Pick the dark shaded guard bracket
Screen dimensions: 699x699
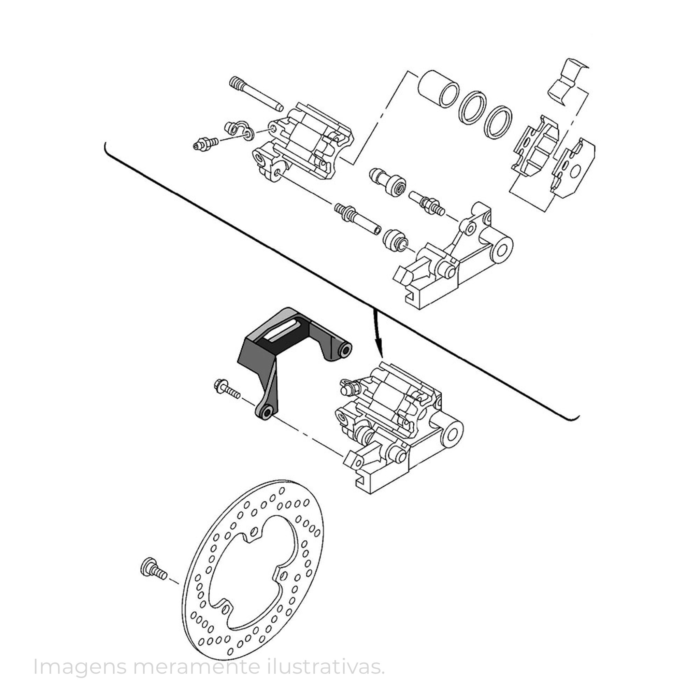pos(286,347)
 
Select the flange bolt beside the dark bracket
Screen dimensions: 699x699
pos(227,389)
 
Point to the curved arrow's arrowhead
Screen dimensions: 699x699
pos(379,352)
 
